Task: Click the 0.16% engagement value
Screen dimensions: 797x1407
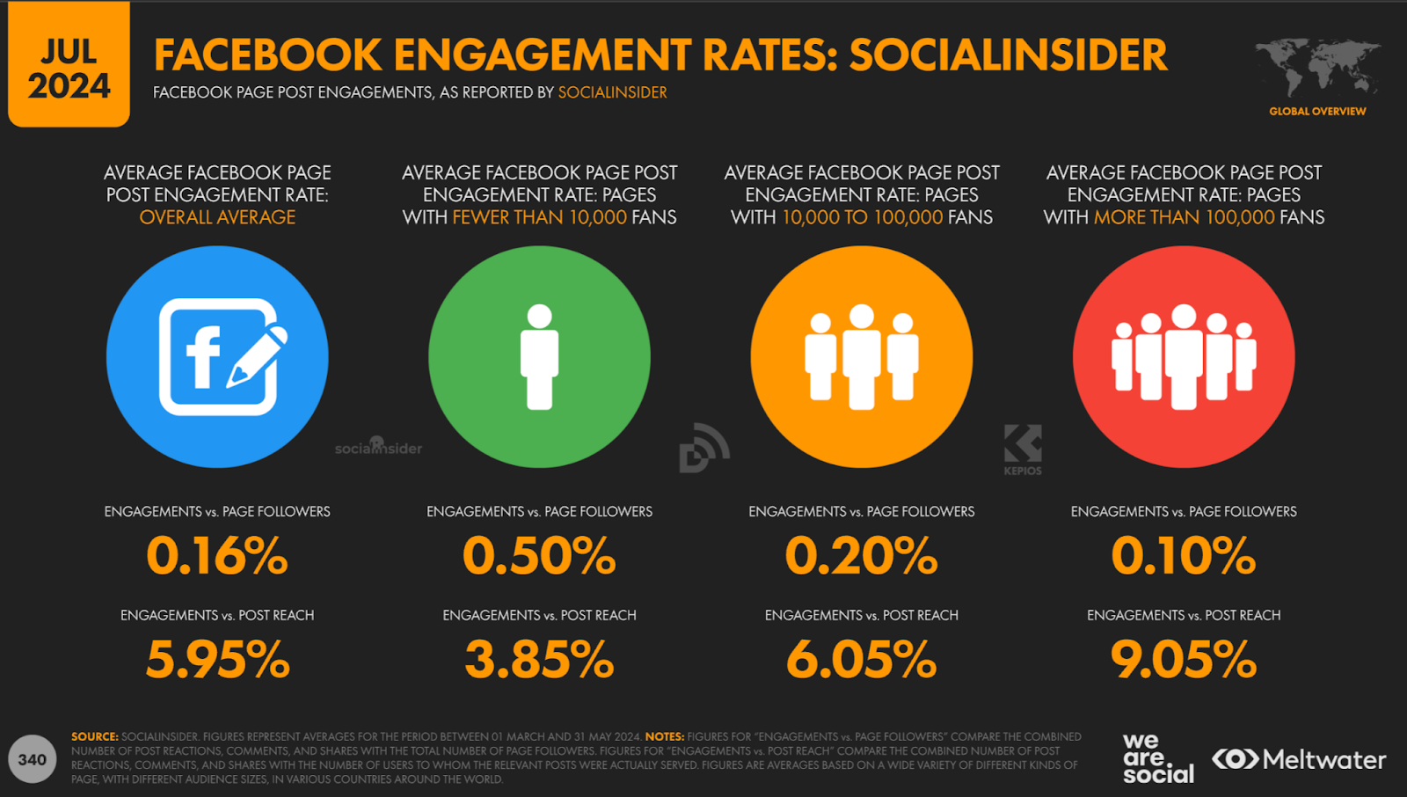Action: coord(217,556)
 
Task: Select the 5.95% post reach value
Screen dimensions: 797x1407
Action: coord(217,660)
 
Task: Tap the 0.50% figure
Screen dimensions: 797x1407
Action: coord(539,556)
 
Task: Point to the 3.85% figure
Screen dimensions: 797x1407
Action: coord(539,660)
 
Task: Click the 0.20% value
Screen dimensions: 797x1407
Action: coord(861,556)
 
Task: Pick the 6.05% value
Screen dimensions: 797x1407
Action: coord(861,660)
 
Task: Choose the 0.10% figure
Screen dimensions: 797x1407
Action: coord(1184,556)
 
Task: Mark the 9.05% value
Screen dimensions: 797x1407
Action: coord(1184,660)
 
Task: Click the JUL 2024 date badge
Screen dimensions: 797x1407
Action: coord(69,69)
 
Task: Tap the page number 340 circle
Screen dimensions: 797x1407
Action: coord(32,759)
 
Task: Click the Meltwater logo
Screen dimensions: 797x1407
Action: coord(1299,759)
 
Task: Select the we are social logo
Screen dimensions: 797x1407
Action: coord(1157,758)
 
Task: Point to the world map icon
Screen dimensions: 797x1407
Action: coord(1316,68)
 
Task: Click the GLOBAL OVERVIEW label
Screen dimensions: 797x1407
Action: coord(1317,112)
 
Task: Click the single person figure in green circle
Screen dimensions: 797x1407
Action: coord(539,356)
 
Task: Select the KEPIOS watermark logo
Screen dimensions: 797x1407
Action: coord(1023,450)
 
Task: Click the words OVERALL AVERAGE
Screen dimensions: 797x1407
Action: coord(217,217)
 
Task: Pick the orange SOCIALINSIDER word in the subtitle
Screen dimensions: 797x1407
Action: coord(612,92)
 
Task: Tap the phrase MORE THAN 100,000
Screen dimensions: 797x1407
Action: coord(1184,217)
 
